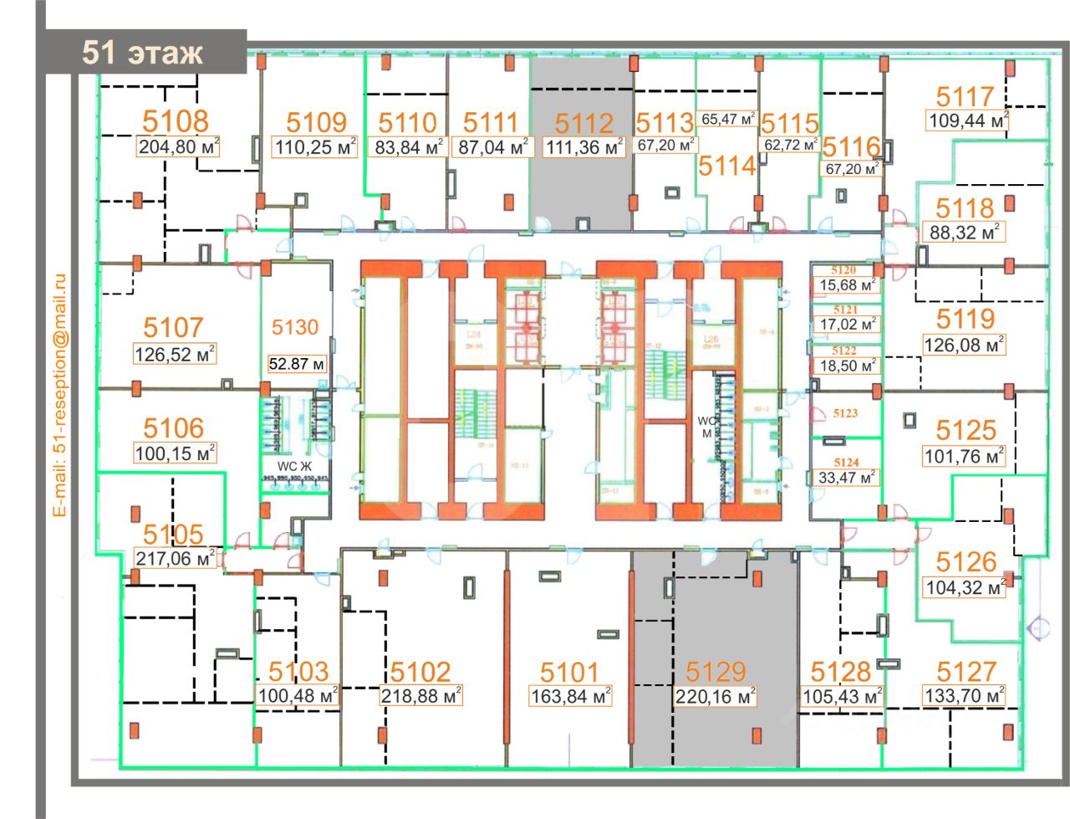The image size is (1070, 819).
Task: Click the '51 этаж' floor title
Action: click(142, 52)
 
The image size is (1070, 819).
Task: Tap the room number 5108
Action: click(176, 120)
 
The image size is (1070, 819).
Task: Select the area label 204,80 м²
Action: click(178, 147)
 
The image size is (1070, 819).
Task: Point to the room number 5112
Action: click(584, 124)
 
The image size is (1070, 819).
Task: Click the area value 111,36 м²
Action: click(584, 148)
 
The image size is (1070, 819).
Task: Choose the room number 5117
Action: click(965, 97)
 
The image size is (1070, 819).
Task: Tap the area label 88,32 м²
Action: click(965, 233)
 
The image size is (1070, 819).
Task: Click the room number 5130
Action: click(295, 327)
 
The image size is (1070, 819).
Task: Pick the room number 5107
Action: click(173, 327)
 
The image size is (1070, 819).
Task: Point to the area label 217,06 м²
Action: click(175, 558)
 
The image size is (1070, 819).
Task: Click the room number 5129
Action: click(716, 672)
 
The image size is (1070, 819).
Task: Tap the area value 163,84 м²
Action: click(571, 695)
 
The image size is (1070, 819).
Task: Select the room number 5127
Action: click(966, 672)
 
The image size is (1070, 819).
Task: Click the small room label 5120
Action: click(843, 270)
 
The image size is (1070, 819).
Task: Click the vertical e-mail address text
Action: click(59, 394)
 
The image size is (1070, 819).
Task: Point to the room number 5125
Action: click(966, 431)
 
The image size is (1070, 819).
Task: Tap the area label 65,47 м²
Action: click(728, 120)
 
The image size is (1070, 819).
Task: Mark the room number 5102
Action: click(420, 672)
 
